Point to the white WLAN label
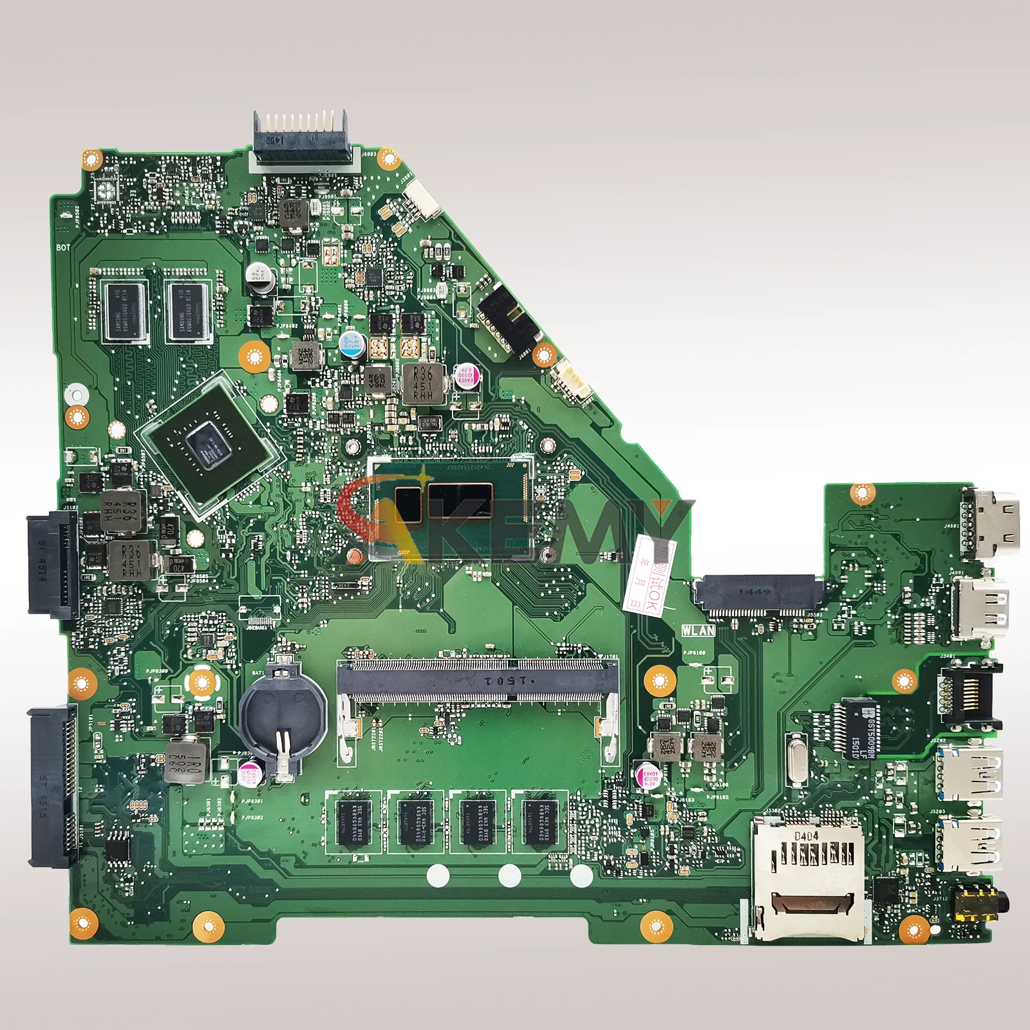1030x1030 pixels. tap(698, 630)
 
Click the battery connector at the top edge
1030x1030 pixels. tap(300, 137)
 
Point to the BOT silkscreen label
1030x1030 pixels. tap(63, 247)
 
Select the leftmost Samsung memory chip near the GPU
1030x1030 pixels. tap(125, 311)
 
